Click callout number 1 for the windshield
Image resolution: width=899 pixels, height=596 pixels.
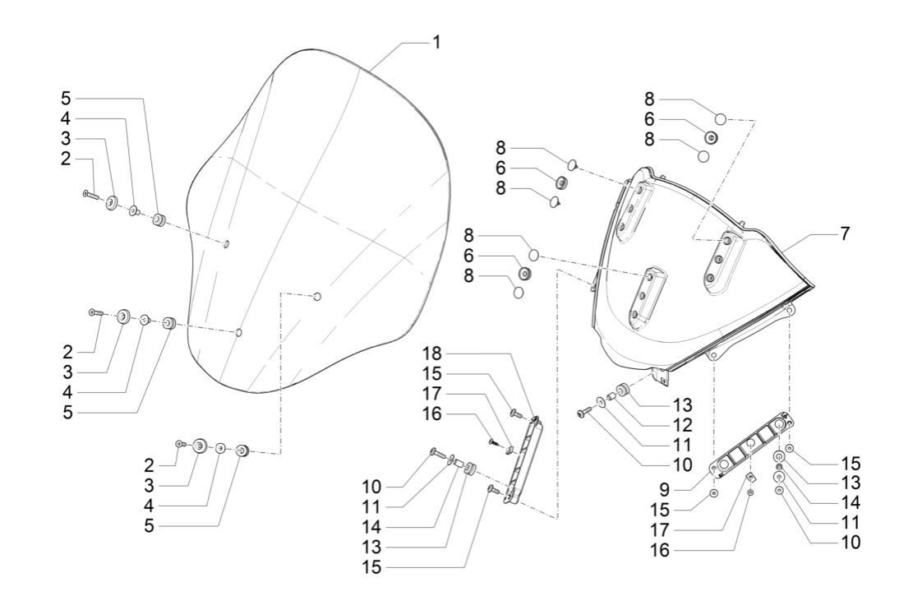[436, 42]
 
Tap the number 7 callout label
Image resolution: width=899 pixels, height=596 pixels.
[844, 234]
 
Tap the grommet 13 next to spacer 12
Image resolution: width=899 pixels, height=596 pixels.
[623, 389]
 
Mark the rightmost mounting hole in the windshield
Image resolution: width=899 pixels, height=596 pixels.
[318, 296]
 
